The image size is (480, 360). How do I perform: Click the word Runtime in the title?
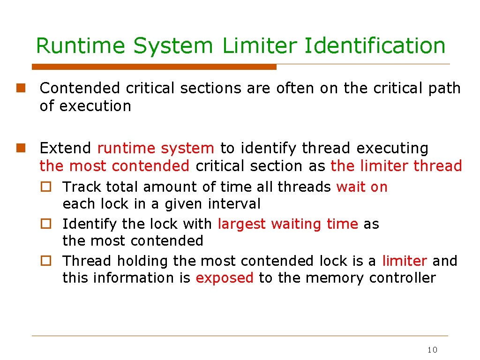[x=80, y=46]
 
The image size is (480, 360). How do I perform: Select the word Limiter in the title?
[x=259, y=46]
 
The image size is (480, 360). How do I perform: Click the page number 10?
[x=432, y=350]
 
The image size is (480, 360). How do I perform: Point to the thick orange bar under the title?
[x=155, y=67]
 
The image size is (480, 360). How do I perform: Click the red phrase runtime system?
[x=156, y=149]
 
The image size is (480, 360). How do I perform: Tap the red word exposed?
[x=225, y=278]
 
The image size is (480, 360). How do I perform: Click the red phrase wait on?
[x=362, y=187]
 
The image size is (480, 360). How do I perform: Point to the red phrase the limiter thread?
[x=396, y=166]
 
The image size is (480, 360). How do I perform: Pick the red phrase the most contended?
[x=114, y=166]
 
